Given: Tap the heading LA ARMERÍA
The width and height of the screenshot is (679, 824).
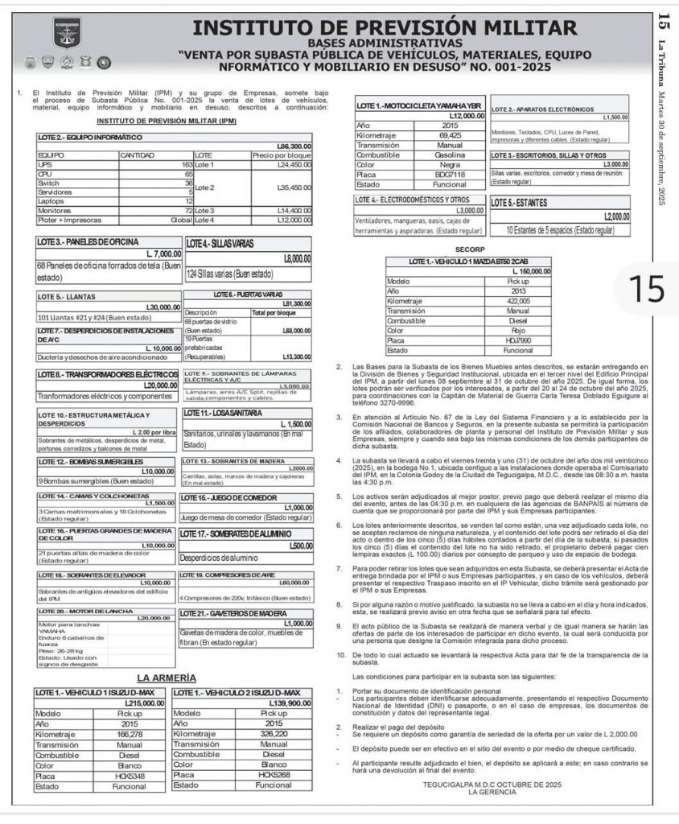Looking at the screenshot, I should tap(167, 678).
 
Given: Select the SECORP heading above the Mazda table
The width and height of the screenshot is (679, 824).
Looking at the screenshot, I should tap(468, 249).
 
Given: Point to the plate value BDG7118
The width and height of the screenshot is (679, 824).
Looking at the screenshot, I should tap(450, 174).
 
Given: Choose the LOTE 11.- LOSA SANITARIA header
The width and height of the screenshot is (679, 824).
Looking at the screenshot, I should tap(222, 414).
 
